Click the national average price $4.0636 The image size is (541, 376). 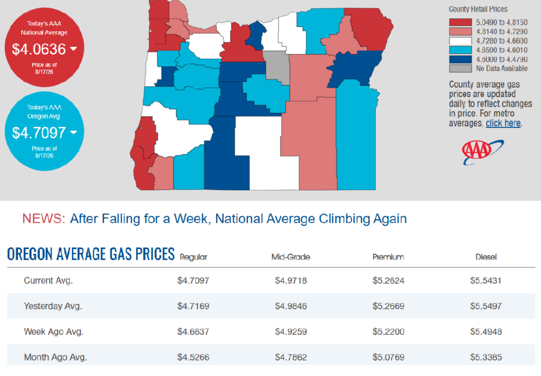39,49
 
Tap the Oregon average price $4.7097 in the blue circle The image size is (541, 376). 39,133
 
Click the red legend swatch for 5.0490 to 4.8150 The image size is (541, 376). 460,22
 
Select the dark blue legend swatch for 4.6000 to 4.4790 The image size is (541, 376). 460,59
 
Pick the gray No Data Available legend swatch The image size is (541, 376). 460,68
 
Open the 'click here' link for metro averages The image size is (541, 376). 503,123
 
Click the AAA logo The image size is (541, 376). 483,152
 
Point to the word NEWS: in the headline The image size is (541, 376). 44,218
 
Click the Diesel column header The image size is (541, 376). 486,257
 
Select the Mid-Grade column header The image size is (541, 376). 291,257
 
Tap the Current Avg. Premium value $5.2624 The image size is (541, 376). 388,280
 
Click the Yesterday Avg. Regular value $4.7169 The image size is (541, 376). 193,306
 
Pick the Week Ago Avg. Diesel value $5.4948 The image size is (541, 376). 486,332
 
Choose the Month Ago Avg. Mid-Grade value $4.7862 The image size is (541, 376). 291,357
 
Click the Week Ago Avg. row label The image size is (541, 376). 53,332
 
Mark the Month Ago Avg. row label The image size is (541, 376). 55,357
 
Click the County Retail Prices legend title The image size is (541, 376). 478,10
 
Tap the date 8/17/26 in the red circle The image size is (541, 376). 44,72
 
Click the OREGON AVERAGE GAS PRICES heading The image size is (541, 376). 91,254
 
